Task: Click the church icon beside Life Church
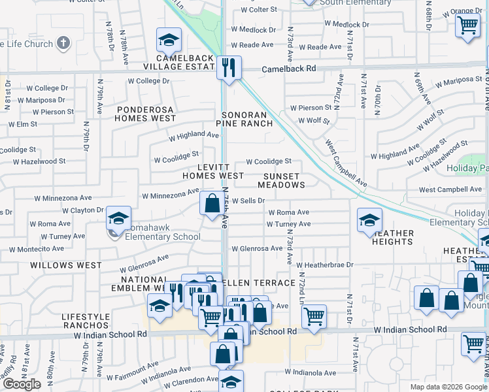pyautogui.click(x=63, y=44)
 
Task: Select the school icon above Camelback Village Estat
pyautogui.click(x=168, y=41)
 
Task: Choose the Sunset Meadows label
pyautogui.click(x=282, y=180)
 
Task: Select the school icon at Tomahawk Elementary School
pyautogui.click(x=118, y=219)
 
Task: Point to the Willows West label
pyautogui.click(x=66, y=265)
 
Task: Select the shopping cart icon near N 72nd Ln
pyautogui.click(x=314, y=317)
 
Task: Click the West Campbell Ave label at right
pyautogui.click(x=450, y=189)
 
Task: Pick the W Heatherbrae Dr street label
pyautogui.click(x=324, y=265)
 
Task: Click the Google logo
pyautogui.click(x=22, y=384)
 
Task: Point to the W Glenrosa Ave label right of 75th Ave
pyautogui.click(x=261, y=248)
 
